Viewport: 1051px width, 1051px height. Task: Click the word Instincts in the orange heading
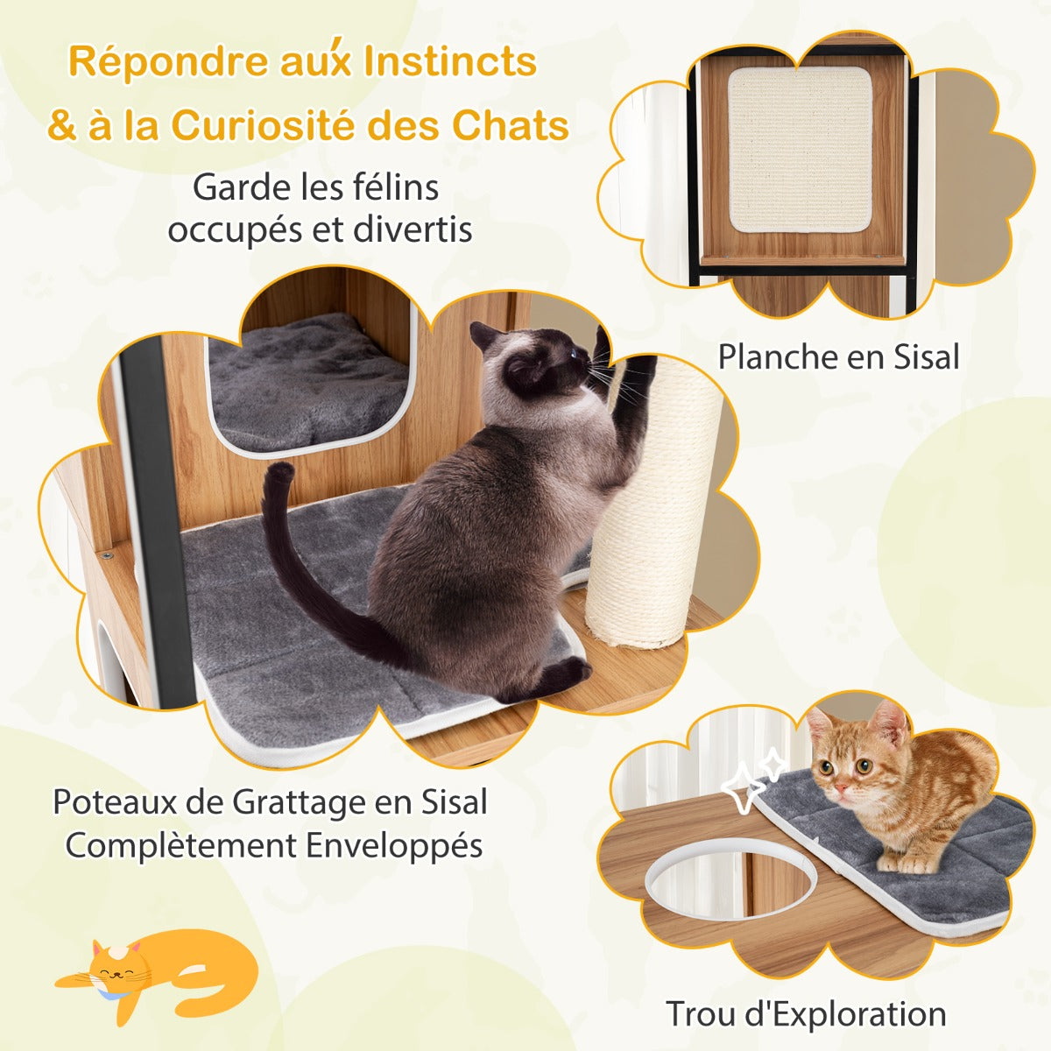(450, 63)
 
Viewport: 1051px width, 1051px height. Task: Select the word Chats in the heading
(511, 126)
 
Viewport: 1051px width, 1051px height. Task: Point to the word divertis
(413, 230)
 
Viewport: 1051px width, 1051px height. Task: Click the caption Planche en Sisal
(838, 357)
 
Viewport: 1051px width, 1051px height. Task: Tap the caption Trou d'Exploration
(806, 1014)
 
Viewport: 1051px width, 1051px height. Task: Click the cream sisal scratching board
(801, 151)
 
